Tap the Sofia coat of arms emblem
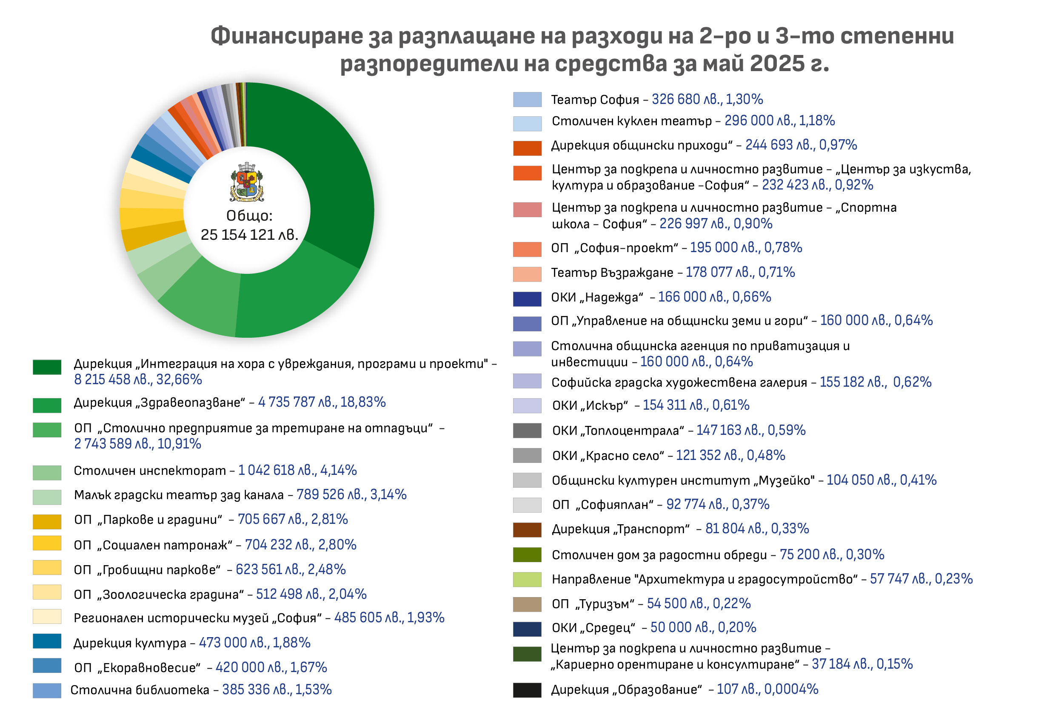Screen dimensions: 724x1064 (x=247, y=182)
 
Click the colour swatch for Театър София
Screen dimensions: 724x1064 (x=527, y=99)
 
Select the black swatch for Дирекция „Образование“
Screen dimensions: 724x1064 (x=527, y=690)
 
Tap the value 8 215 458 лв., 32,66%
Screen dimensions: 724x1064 (x=138, y=379)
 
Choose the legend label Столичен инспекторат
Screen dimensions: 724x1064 (x=150, y=471)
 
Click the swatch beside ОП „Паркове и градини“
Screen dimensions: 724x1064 (x=47, y=521)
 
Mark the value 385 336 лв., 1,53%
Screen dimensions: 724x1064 (x=277, y=690)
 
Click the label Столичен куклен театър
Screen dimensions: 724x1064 (x=631, y=121)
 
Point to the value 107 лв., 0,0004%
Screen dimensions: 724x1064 (x=767, y=689)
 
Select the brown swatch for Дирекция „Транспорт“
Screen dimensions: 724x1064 (x=527, y=530)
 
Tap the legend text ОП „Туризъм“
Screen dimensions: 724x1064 (x=593, y=604)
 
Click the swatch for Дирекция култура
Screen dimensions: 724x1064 (x=47, y=641)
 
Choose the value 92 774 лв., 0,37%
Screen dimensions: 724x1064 (x=717, y=505)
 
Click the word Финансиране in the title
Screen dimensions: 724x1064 (x=286, y=36)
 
